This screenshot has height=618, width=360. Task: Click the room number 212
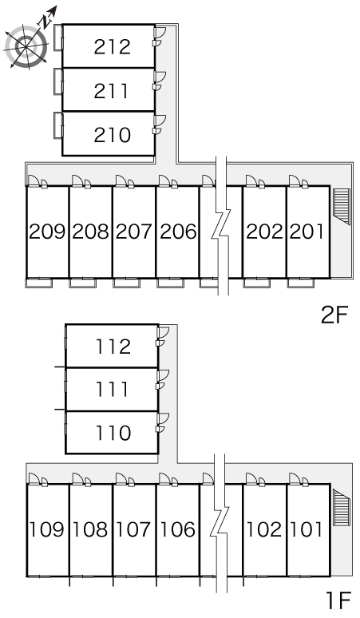pyautogui.click(x=113, y=46)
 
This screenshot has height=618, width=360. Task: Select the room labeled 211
pyautogui.click(x=111, y=91)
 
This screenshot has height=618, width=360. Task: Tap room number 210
pyautogui.click(x=113, y=135)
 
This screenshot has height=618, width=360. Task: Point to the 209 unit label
pyautogui.click(x=47, y=232)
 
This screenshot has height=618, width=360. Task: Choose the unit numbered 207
pyautogui.click(x=133, y=232)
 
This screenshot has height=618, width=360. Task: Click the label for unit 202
pyautogui.click(x=264, y=232)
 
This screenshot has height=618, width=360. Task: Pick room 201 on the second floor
pyautogui.click(x=307, y=232)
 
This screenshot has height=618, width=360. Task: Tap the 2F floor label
pyautogui.click(x=334, y=315)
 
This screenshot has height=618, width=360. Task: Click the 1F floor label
pyautogui.click(x=338, y=600)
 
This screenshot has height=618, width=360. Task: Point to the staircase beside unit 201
pyautogui.click(x=342, y=206)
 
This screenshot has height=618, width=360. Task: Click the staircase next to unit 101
pyautogui.click(x=342, y=508)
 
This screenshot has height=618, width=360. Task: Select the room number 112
pyautogui.click(x=113, y=347)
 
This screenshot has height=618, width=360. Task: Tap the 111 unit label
pyautogui.click(x=113, y=389)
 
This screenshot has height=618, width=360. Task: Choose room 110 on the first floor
pyautogui.click(x=113, y=433)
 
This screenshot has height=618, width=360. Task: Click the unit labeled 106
pyautogui.click(x=177, y=529)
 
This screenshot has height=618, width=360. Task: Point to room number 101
pyautogui.click(x=307, y=529)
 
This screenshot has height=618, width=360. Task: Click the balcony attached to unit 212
pyautogui.click(x=58, y=38)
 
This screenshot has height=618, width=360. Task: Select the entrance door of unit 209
pyautogui.click(x=34, y=180)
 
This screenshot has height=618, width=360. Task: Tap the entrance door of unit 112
pyautogui.click(x=163, y=332)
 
